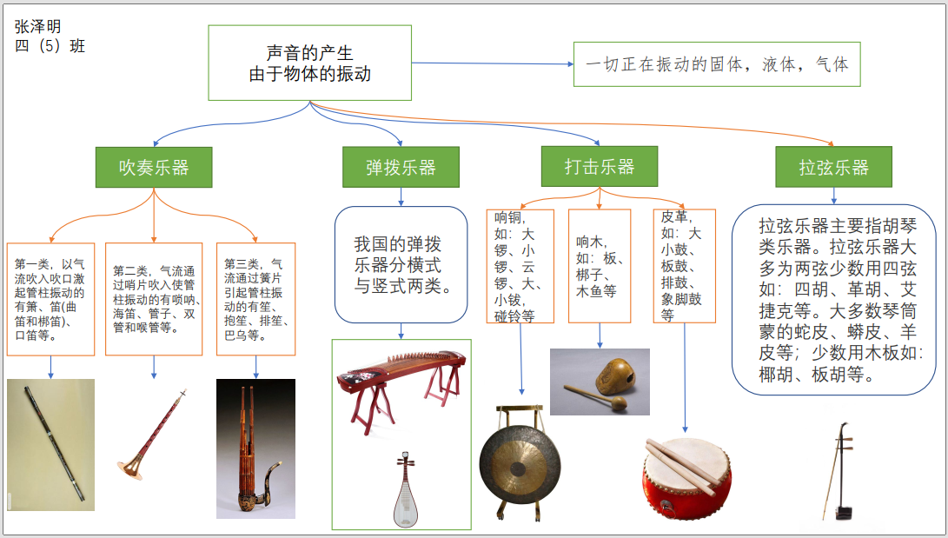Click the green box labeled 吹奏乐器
pos(154,167)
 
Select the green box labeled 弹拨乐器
pos(401,167)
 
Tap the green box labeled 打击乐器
pos(600,166)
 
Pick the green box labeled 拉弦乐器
pos(833,167)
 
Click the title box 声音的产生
pos(309,63)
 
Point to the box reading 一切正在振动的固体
pos(717,64)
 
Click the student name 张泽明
pos(37,26)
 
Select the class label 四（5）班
pos(50,46)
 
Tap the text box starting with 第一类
pos(50,299)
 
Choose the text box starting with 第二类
pos(154,299)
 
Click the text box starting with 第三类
pos(255,299)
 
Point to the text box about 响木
pos(600,266)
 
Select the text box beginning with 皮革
pos(685,266)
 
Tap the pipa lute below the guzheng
pos(406,488)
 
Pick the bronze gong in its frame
pos(520,463)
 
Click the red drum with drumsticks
pos(686,478)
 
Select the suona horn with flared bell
pos(151,435)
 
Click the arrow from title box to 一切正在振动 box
pos(493,63)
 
